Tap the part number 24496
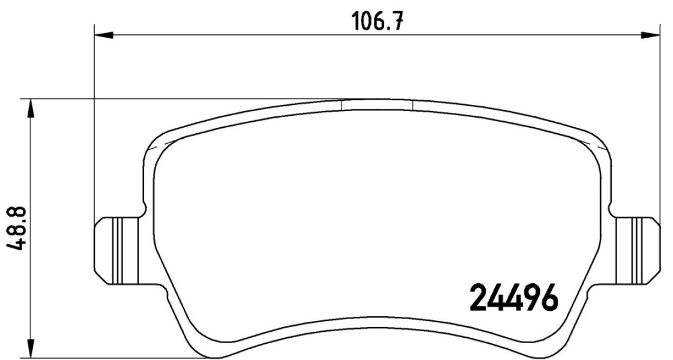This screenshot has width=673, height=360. (514, 297)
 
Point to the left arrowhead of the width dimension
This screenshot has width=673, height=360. (103, 35)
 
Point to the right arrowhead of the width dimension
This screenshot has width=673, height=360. (650, 35)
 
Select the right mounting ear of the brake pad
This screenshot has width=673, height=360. (636, 250)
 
